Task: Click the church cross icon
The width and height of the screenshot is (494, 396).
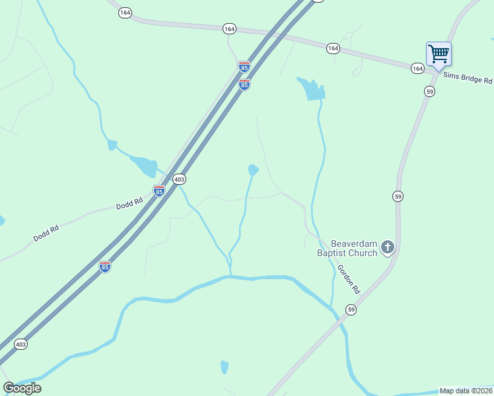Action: click(388, 248)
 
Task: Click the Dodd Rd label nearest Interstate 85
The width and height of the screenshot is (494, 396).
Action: click(129, 204)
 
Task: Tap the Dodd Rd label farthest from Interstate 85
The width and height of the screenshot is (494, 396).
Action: click(47, 232)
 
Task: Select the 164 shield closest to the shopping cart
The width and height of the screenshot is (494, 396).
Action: click(417, 68)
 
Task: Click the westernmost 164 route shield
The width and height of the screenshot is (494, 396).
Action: click(125, 13)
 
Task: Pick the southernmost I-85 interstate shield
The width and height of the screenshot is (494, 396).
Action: click(104, 267)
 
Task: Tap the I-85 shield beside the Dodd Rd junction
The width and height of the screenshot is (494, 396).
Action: click(159, 191)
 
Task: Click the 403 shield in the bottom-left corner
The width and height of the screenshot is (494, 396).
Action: click(21, 344)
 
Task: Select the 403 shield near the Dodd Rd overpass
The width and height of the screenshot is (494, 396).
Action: click(179, 179)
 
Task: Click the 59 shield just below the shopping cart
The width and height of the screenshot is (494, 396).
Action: click(430, 92)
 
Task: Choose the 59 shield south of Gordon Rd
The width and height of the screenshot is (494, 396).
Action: click(351, 310)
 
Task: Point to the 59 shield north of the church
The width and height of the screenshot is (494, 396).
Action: click(398, 196)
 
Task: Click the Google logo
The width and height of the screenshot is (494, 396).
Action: click(22, 387)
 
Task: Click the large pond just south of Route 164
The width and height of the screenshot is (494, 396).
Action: click(312, 90)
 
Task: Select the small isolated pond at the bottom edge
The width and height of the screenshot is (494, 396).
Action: click(225, 367)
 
